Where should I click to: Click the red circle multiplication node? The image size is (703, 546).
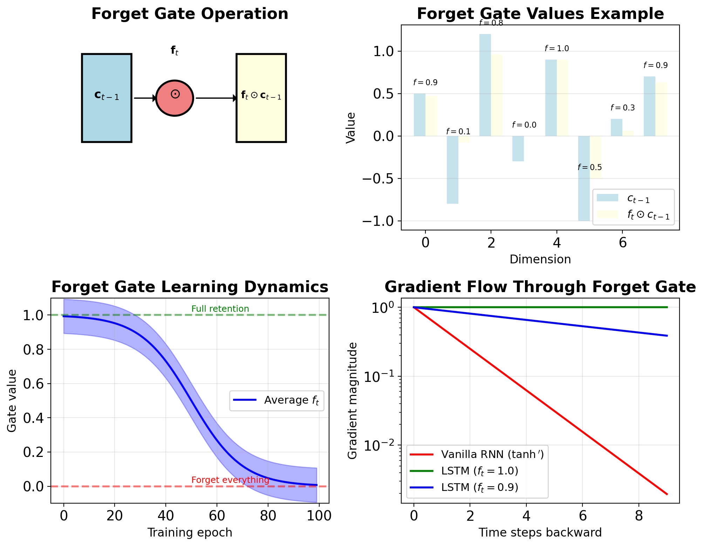tap(175, 98)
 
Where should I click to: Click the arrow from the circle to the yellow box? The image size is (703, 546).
tap(216, 98)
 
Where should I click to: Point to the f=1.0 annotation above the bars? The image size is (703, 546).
tap(557, 48)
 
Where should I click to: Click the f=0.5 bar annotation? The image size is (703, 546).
tap(589, 167)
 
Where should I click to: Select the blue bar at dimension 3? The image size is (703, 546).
tap(518, 149)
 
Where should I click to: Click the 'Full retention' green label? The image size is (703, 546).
tap(220, 309)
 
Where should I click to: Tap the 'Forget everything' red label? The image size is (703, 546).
tap(230, 480)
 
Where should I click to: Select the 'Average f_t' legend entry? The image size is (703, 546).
tap(277, 400)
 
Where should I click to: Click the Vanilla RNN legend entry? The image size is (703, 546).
tap(477, 454)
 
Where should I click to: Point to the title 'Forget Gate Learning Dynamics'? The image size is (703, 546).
tap(190, 287)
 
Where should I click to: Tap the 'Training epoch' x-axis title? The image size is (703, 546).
tap(190, 532)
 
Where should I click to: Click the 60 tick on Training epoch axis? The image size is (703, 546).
tap(217, 516)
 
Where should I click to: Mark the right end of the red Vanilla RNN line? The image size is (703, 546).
tap(667, 494)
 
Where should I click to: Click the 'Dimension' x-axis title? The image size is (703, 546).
tap(540, 259)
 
